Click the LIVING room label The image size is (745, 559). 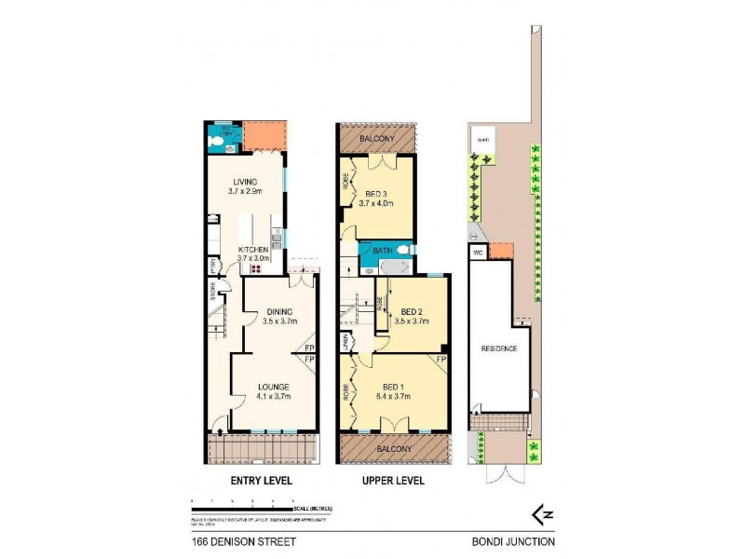244,182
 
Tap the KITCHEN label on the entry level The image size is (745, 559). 253,250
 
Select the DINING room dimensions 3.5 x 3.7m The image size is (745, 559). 280,321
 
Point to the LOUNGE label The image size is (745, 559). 274,386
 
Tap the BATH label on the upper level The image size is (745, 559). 383,251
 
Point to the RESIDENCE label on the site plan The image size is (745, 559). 499,348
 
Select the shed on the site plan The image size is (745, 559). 482,142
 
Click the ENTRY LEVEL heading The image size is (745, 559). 262,481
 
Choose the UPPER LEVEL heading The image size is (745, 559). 394,481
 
